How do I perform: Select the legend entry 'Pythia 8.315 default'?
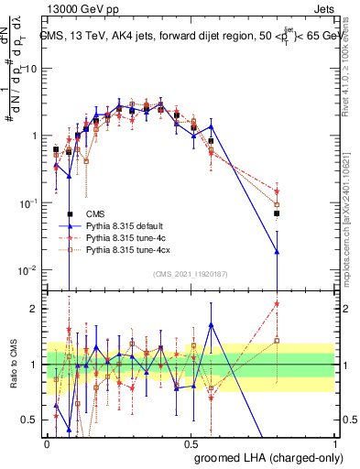point(124,224)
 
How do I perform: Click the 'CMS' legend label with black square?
point(95,213)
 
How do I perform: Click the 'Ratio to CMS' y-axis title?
point(12,365)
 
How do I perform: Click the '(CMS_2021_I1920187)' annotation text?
point(191,274)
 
